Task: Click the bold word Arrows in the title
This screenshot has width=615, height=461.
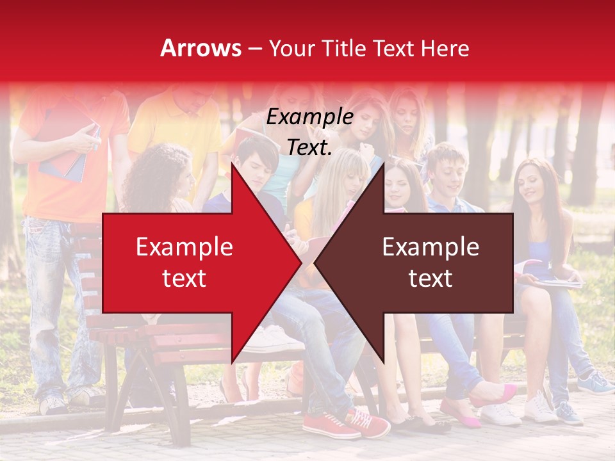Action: click(201, 49)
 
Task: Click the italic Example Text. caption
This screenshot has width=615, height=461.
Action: click(309, 132)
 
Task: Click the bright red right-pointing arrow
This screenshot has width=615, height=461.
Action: click(192, 263)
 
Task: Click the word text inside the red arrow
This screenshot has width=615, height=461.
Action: click(184, 279)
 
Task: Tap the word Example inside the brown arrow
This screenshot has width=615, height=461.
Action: click(430, 247)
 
